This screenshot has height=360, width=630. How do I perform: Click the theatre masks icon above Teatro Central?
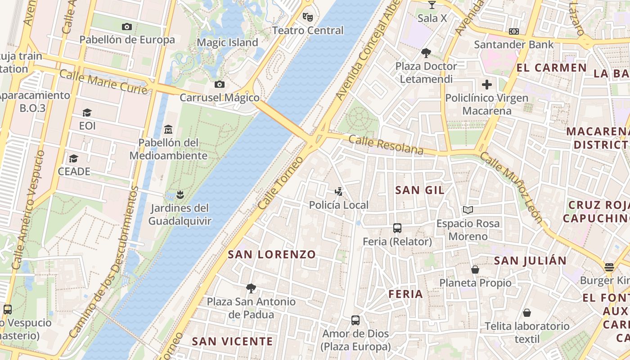coord(308,17)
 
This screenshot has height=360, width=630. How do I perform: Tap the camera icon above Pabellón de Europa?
coord(127,27)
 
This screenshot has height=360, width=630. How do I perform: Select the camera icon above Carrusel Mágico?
coord(219,84)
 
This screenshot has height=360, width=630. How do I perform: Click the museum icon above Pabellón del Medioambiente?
coord(168,129)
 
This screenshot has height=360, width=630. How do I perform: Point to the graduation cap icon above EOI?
coord(87,112)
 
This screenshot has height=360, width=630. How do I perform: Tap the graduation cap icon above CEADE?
coord(73,158)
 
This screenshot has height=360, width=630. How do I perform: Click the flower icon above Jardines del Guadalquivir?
coord(180,195)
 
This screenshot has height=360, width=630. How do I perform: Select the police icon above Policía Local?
coord(338,192)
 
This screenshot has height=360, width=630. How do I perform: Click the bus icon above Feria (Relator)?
coord(397,228)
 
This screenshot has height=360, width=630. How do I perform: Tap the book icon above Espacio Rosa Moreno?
coord(468,210)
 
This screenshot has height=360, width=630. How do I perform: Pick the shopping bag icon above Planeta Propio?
coord(475,270)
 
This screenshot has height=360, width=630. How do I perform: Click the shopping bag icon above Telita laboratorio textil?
coord(527,312)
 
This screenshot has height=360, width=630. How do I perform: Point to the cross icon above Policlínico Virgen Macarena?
coord(486,84)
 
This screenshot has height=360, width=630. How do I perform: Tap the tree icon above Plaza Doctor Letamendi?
coord(426,53)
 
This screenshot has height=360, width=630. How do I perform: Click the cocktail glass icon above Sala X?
coord(432,5)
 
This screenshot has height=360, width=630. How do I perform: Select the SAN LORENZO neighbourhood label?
coord(272,254)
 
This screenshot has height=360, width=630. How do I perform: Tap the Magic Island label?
coord(228,43)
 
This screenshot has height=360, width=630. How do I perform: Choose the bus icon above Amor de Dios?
coord(355,320)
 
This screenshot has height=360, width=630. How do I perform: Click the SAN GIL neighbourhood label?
coord(419,190)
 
